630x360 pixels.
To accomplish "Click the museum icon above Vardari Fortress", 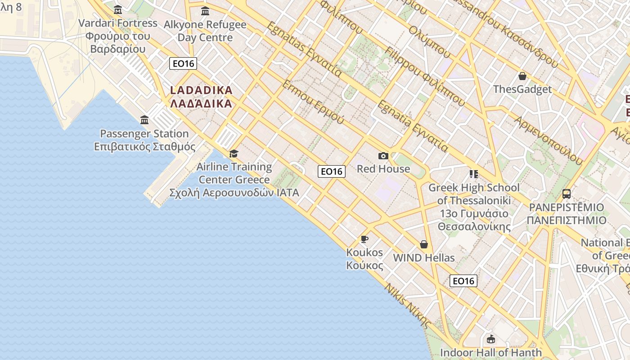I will coord(118,9).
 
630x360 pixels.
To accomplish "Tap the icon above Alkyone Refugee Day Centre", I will coord(205,11).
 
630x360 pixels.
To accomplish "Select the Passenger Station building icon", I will coord(144,120).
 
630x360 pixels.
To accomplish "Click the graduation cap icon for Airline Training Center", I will coord(234,153).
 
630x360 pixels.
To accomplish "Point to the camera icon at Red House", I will coord(383,156).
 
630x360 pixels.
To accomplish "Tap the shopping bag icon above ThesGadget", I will coord(522,76).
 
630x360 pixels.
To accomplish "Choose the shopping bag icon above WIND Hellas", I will coord(423,244).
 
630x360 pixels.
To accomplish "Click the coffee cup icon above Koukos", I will coord(364,239).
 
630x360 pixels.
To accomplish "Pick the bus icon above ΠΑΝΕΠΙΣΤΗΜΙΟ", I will coord(567,194).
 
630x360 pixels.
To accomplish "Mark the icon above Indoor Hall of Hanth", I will coord(491,339).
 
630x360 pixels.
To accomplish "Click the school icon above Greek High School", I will coord(473,174).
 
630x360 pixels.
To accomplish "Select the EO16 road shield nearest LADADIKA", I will coord(184,63).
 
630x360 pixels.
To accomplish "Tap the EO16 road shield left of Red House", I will coord(332,171).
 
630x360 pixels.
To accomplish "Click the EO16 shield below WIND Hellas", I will coord(463,281).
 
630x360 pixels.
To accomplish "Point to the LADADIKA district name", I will coord(201,97).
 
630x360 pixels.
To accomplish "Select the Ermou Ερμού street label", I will coord(313,103).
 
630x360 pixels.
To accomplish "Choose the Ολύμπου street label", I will coord(430,42).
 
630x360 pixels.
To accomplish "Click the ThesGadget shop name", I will coord(522,89).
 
